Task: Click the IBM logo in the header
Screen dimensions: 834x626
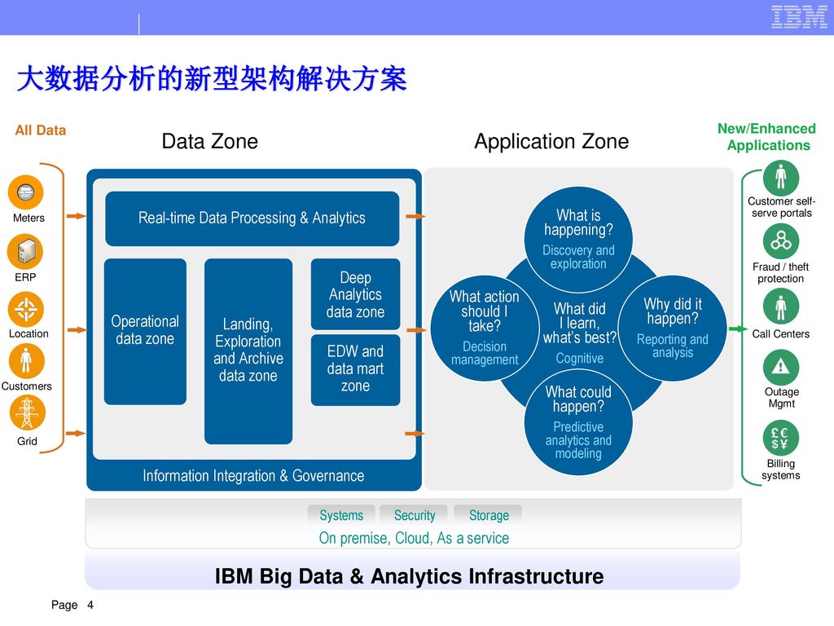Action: click(x=799, y=17)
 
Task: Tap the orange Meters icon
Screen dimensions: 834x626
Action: click(x=25, y=192)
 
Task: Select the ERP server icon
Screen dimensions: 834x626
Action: click(x=25, y=252)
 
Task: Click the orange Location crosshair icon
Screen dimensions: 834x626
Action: click(x=25, y=309)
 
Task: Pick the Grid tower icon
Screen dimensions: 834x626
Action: click(x=27, y=412)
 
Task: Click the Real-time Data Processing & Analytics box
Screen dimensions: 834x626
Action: click(x=252, y=218)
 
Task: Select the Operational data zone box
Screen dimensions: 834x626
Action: click(x=145, y=331)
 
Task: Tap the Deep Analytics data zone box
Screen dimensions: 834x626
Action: click(x=355, y=294)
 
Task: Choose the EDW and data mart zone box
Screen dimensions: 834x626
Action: click(x=355, y=370)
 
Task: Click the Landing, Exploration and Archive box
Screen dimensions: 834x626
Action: click(x=248, y=351)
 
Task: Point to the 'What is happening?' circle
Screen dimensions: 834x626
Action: click(x=578, y=240)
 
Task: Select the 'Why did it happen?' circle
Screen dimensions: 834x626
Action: click(x=673, y=328)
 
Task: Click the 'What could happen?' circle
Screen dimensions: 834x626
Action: click(x=578, y=423)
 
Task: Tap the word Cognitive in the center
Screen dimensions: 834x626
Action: click(x=580, y=359)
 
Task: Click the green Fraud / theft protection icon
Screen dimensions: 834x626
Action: click(x=781, y=241)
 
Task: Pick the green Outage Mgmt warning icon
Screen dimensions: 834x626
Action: click(x=781, y=367)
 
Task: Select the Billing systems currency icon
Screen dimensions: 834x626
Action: click(x=781, y=438)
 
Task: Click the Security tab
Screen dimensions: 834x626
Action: click(x=415, y=515)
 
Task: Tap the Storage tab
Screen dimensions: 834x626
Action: click(x=489, y=515)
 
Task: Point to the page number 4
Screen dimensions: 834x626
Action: click(x=90, y=605)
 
